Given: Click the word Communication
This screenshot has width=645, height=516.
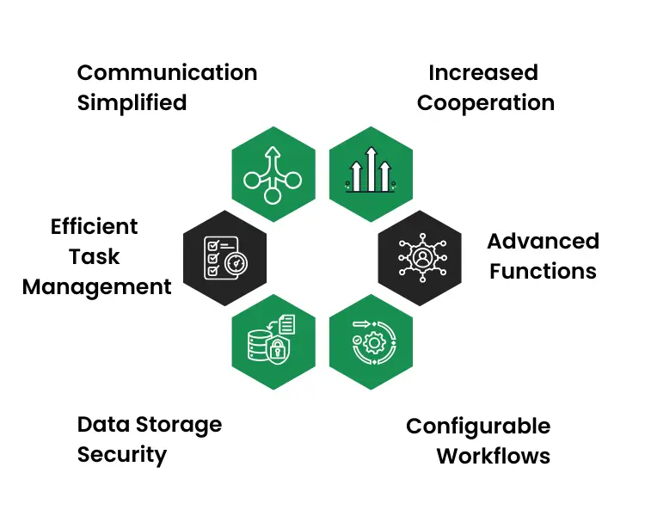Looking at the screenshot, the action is (x=167, y=73).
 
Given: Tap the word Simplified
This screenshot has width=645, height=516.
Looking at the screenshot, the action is (x=132, y=103).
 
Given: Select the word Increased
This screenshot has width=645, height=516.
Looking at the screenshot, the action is (x=483, y=73).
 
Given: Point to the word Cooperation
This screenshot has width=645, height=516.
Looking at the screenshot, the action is (x=486, y=103).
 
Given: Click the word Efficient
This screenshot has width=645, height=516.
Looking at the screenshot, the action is (x=95, y=226).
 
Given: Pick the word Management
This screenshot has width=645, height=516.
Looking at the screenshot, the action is (x=96, y=287).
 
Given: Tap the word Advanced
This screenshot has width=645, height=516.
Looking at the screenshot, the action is (x=543, y=241).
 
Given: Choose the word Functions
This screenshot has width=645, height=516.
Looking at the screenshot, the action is (x=543, y=272).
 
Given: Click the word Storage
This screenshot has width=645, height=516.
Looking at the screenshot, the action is (x=179, y=425).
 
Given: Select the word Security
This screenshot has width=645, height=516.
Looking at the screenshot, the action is (x=122, y=455).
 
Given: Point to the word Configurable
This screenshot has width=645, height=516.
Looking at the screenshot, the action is (x=478, y=427).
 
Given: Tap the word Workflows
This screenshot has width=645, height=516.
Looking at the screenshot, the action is (x=494, y=456).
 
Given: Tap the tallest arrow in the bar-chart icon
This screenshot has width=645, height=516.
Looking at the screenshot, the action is (x=371, y=169).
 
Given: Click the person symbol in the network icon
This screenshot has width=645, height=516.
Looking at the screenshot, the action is (x=422, y=258).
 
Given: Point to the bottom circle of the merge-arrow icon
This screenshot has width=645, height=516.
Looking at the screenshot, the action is (x=272, y=195).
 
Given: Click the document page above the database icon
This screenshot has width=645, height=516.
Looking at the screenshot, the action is (x=286, y=324).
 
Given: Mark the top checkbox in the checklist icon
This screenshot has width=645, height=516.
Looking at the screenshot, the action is (x=213, y=246).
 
